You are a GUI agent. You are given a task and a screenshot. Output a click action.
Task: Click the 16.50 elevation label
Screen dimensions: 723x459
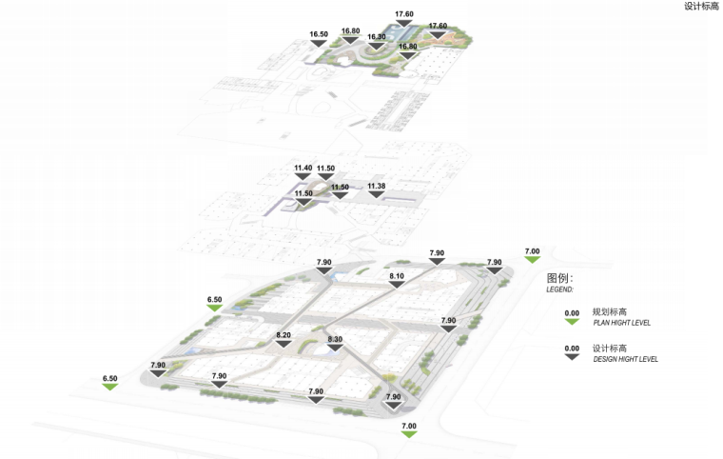click(x=319, y=34)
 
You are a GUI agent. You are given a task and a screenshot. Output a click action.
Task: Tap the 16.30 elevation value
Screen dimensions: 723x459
click(x=377, y=37)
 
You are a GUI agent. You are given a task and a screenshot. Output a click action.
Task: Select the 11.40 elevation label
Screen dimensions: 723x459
click(x=303, y=169)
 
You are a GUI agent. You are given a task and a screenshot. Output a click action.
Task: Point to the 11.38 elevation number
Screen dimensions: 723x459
click(x=377, y=186)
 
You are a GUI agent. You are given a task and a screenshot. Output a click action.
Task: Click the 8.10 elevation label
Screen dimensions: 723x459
click(x=397, y=276)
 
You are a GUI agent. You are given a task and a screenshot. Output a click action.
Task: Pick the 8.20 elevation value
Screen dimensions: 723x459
click(x=283, y=335)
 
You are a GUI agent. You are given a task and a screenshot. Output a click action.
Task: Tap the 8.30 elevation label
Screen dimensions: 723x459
click(x=335, y=340)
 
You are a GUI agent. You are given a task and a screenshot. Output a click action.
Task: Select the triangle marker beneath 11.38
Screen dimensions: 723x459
click(x=377, y=194)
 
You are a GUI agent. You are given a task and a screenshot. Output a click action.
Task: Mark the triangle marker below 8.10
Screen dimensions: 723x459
click(x=397, y=285)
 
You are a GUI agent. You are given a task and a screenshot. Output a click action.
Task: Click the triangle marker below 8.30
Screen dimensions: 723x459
click(x=335, y=349)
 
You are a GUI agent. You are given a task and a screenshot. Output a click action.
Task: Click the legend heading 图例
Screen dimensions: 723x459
click(x=560, y=278)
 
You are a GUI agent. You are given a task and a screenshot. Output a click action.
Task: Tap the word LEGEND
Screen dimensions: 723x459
click(x=559, y=289)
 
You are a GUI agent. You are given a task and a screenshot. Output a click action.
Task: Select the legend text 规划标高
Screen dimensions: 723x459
click(x=608, y=311)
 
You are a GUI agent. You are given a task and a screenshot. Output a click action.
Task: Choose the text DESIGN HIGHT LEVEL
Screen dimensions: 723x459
click(x=625, y=359)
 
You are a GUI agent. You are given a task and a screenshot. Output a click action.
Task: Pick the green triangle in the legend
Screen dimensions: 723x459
click(x=572, y=321)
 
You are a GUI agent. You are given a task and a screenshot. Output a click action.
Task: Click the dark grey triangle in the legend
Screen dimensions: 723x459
click(x=572, y=357)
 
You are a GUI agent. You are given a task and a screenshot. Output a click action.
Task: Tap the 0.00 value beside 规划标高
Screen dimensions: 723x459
click(x=572, y=312)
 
